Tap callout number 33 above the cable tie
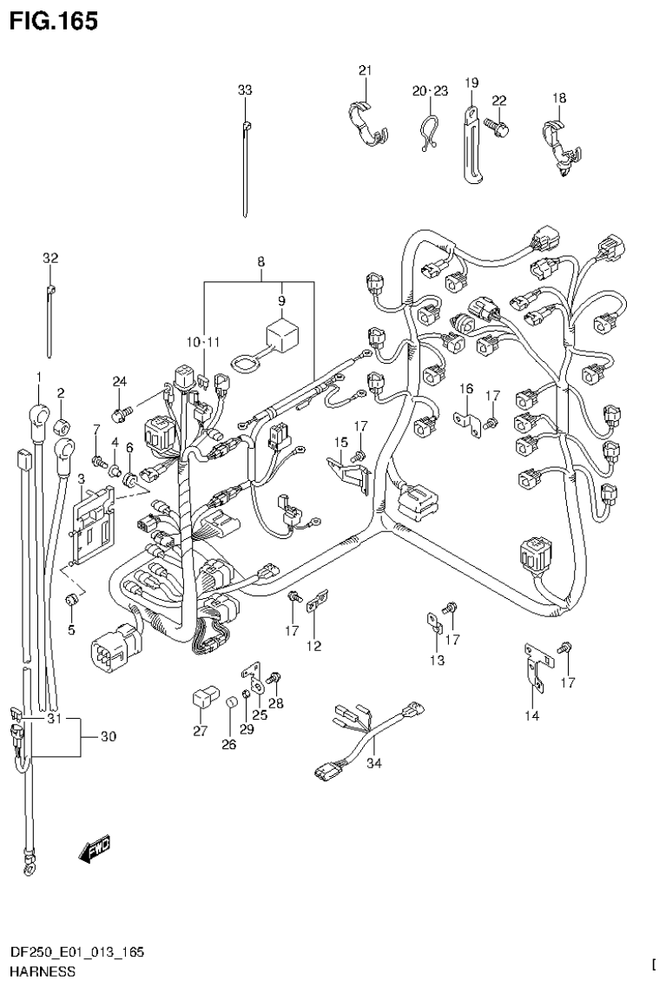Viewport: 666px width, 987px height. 245,89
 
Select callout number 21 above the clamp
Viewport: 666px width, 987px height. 365,70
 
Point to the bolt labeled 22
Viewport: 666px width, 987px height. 498,126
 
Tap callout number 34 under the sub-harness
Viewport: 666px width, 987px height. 374,765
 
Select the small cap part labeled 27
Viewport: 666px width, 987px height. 201,698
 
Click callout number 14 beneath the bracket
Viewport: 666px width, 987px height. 532,715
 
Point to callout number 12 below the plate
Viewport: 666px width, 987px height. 313,646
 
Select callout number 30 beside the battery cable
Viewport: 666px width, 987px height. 108,737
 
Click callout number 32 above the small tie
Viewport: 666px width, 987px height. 49,258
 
